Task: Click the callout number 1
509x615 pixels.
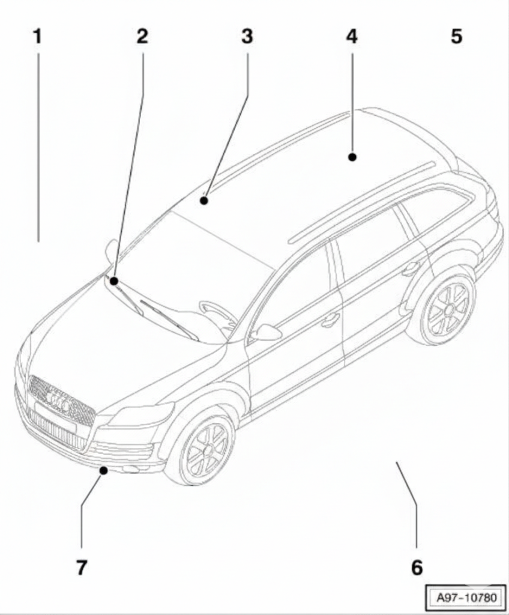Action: (37, 37)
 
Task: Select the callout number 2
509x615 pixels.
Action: (142, 37)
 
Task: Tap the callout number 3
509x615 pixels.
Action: (247, 37)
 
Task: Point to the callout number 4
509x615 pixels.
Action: (352, 37)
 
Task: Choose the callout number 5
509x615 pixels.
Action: (456, 37)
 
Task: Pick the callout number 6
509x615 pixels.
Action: (417, 567)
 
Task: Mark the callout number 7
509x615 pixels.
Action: (81, 567)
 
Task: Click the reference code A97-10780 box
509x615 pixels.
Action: (466, 598)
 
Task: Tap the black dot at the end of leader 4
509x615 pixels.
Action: (352, 157)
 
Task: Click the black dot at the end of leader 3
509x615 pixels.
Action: (203, 201)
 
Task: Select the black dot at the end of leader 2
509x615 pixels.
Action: (114, 281)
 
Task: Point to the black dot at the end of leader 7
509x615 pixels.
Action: (104, 470)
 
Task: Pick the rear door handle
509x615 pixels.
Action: (410, 269)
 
